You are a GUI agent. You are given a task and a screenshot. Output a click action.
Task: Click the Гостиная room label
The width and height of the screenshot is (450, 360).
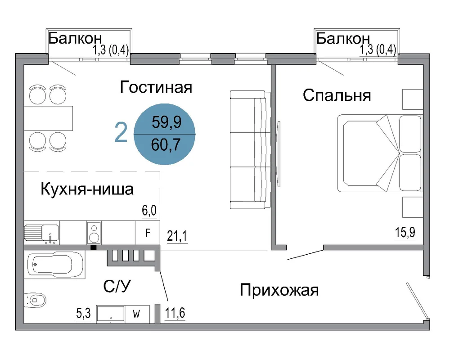click(156, 87)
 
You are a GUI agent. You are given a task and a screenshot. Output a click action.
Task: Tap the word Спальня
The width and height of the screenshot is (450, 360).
click(337, 95)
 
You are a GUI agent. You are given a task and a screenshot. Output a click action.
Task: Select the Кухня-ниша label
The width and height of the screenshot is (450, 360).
click(87, 189)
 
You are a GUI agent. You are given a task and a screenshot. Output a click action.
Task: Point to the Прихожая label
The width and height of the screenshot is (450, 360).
click(279, 290)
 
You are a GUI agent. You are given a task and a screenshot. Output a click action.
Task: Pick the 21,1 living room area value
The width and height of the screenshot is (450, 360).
click(177, 236)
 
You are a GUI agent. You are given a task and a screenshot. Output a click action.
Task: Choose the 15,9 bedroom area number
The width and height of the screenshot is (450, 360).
click(405, 232)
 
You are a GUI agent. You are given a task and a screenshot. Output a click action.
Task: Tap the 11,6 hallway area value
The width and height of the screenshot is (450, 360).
click(175, 313)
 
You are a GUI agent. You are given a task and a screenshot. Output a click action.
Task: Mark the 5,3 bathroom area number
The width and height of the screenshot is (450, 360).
click(84, 313)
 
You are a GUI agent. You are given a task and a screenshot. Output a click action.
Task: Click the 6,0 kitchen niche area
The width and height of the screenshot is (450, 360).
click(149, 211)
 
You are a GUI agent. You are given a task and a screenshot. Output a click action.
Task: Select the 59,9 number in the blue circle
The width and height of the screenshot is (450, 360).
click(166, 122)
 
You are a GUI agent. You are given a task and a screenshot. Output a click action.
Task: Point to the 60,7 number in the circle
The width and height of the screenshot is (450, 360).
click(166, 144)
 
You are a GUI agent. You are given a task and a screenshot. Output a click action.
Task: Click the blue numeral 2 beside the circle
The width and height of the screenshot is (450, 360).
click(121, 132)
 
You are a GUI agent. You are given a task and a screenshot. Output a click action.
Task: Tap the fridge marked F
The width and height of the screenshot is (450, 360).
click(148, 233)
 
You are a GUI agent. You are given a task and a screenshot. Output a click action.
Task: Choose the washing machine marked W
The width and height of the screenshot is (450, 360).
click(137, 314)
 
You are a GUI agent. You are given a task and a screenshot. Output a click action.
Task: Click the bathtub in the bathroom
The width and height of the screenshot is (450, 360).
click(55, 265)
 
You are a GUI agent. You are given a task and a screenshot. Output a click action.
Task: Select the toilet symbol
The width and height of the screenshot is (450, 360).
click(35, 300)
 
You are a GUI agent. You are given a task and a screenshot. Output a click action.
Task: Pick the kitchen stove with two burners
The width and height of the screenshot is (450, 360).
click(94, 233)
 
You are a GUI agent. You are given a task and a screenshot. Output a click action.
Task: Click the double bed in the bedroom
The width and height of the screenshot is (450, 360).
click(380, 153)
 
